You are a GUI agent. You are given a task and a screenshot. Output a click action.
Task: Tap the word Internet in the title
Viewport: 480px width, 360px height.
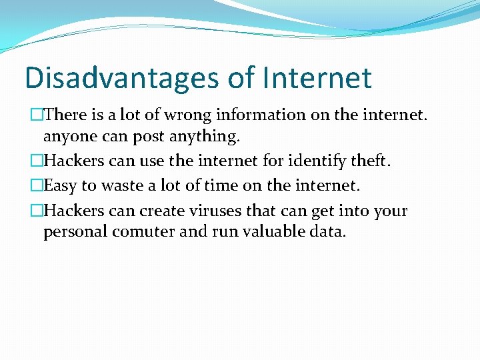(x=317, y=78)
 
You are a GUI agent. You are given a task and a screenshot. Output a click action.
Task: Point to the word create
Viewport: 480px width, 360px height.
(x=151, y=211)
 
